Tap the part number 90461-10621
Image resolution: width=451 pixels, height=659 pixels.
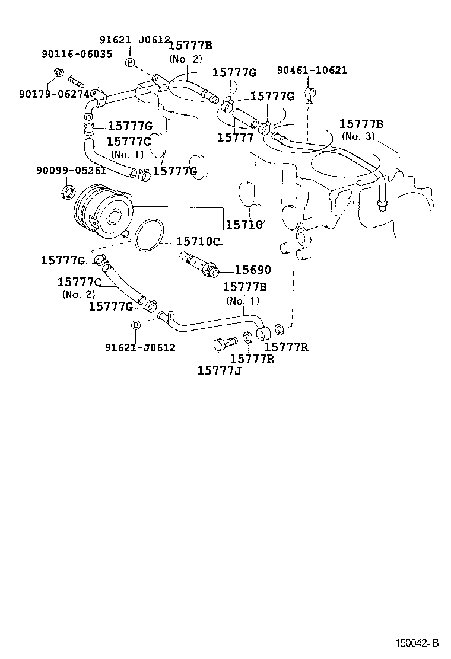click(x=312, y=71)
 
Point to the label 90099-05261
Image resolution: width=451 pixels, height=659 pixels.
click(x=71, y=171)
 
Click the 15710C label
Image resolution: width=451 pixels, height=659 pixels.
click(x=199, y=242)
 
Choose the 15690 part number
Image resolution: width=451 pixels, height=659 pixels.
click(x=252, y=270)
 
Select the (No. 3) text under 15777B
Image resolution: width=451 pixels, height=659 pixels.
click(x=358, y=136)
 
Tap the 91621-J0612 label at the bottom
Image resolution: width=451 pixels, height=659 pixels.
click(x=140, y=348)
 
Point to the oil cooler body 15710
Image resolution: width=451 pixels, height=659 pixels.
click(x=102, y=210)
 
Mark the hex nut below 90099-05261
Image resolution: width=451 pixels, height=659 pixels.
click(x=67, y=191)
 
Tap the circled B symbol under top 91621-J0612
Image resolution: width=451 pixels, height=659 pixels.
click(x=130, y=62)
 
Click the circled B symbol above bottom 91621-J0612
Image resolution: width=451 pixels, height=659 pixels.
click(x=135, y=324)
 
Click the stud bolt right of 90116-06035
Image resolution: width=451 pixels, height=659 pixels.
click(x=75, y=78)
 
